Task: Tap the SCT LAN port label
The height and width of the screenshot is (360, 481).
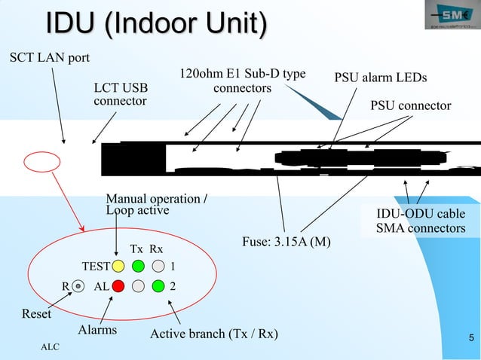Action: pos(48,58)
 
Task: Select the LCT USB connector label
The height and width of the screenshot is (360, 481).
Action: pos(120,94)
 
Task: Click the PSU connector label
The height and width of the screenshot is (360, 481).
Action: pos(409,105)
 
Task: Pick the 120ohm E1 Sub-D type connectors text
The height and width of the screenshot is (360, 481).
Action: pos(242,81)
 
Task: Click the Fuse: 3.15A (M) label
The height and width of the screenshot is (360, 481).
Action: pos(286,242)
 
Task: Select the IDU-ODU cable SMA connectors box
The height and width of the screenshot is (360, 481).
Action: pos(421,221)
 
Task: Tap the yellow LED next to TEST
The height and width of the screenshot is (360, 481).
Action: pos(118,266)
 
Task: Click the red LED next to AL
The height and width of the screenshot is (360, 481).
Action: pos(118,286)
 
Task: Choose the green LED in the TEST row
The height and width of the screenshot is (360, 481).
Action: pos(138,266)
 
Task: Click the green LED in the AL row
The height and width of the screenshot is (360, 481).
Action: pos(158,286)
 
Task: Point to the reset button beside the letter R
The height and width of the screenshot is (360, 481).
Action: pos(78,286)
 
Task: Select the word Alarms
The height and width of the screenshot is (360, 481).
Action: pos(98,330)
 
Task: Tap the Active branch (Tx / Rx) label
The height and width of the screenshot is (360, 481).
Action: pos(213,334)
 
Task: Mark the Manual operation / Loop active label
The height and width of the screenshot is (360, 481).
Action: pos(158,204)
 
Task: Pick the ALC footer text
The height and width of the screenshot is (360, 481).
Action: pos(50,347)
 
